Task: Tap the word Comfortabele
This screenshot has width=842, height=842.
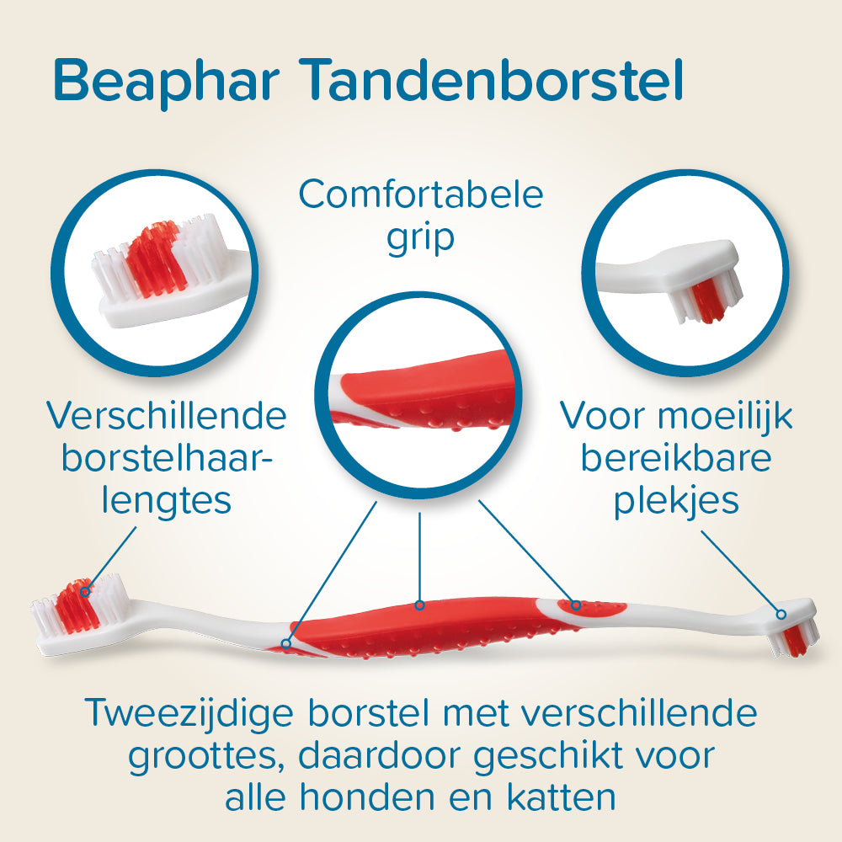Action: tap(421, 195)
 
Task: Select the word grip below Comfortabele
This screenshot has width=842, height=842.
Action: tap(421, 238)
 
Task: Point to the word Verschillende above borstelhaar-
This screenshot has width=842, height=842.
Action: tap(166, 416)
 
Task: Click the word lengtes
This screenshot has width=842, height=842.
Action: tap(166, 501)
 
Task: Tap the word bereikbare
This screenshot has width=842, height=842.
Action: tap(676, 459)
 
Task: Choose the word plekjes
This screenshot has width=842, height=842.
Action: tap(676, 501)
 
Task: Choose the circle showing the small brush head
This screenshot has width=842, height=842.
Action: tap(684, 273)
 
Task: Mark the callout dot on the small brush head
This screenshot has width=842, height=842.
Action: tap(781, 614)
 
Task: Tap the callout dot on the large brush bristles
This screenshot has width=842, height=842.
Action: tap(85, 592)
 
